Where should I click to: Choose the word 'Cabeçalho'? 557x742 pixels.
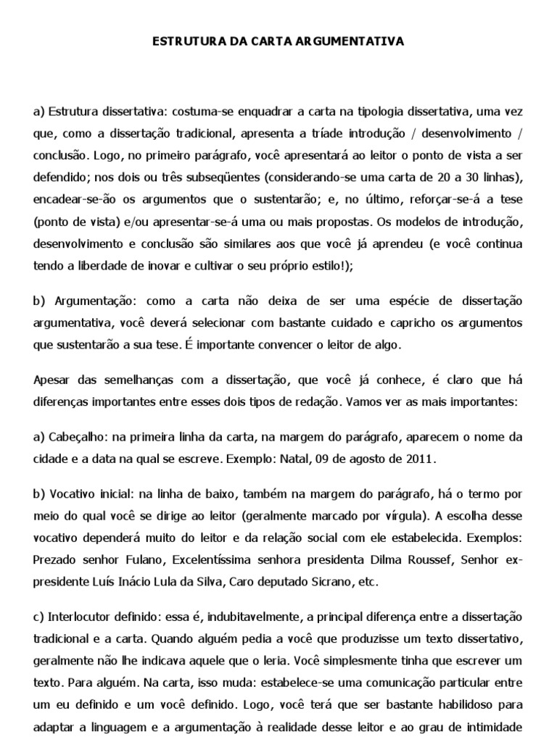[x=75, y=437]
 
